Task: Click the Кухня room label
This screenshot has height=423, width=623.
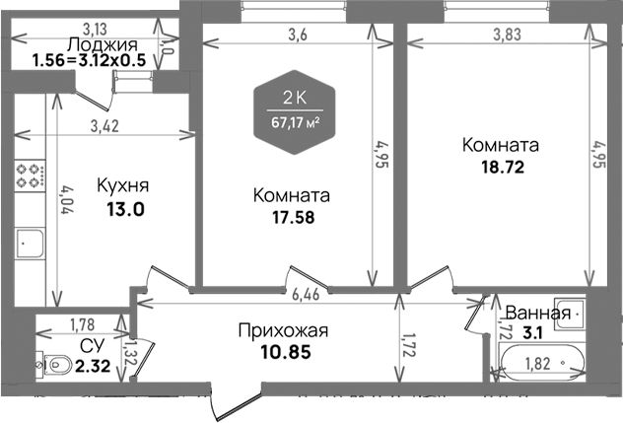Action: pyautogui.click(x=123, y=185)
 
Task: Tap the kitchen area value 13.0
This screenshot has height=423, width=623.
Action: pyautogui.click(x=124, y=208)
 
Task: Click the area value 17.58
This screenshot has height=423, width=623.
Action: pyautogui.click(x=291, y=217)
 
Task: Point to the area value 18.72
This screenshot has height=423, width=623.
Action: pyautogui.click(x=501, y=167)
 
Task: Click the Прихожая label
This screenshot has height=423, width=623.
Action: pyautogui.click(x=283, y=330)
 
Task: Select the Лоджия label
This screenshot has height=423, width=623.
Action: pyautogui.click(x=103, y=44)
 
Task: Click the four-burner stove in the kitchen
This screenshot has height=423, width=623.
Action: pyautogui.click(x=32, y=177)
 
